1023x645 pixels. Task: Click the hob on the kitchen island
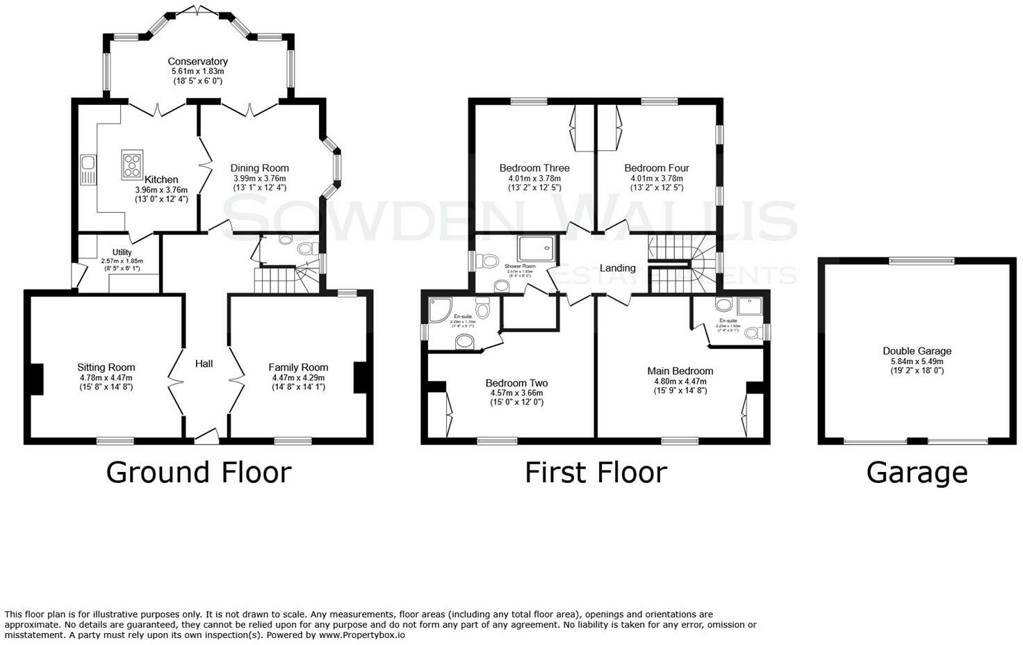pyautogui.click(x=132, y=165)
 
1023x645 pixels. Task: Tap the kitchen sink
pyautogui.click(x=88, y=163)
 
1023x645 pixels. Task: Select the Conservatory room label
pyautogui.click(x=197, y=62)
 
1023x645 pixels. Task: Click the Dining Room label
pyautogui.click(x=259, y=168)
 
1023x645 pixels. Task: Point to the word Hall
pyautogui.click(x=204, y=364)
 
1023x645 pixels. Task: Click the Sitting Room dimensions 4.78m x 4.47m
pyautogui.click(x=106, y=377)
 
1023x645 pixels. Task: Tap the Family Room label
pyautogui.click(x=298, y=368)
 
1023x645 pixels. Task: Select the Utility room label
pyautogui.click(x=122, y=252)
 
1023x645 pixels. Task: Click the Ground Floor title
pyautogui.click(x=198, y=473)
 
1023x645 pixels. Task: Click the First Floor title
pyautogui.click(x=596, y=473)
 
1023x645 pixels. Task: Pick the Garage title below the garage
pyautogui.click(x=916, y=473)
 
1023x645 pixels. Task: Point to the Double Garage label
pyautogui.click(x=917, y=351)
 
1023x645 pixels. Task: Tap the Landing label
pyautogui.click(x=617, y=268)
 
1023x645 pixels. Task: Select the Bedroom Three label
pyautogui.click(x=534, y=168)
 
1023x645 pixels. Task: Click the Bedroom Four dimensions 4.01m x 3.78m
pyautogui.click(x=657, y=178)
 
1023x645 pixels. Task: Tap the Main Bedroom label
pyautogui.click(x=680, y=371)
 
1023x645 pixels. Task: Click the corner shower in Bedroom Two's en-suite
pyautogui.click(x=439, y=311)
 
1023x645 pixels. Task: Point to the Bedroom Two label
pyautogui.click(x=516, y=383)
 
